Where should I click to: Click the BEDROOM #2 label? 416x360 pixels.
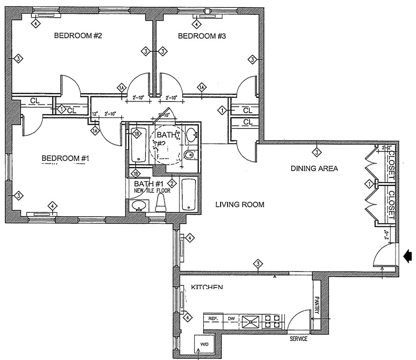pyautogui.click(x=78, y=35)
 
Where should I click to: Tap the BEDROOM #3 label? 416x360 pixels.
pyautogui.click(x=202, y=35)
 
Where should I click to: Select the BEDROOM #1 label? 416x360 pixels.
pyautogui.click(x=65, y=158)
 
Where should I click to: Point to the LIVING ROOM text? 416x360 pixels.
pyautogui.click(x=240, y=205)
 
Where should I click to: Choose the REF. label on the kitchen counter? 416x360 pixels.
pyautogui.click(x=213, y=319)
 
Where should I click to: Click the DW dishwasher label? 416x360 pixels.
pyautogui.click(x=230, y=319)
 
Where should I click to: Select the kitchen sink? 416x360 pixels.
pyautogui.click(x=250, y=320)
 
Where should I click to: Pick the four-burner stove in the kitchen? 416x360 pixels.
pyautogui.click(x=273, y=320)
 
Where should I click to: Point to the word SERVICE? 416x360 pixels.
pyautogui.click(x=298, y=339)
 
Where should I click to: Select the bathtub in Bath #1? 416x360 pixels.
pyautogui.click(x=189, y=193)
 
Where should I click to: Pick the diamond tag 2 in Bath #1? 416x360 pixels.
pyautogui.click(x=172, y=183)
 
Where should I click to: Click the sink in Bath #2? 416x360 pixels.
pyautogui.click(x=191, y=136)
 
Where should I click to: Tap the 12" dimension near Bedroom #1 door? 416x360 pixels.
pyautogui.click(x=95, y=114)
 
